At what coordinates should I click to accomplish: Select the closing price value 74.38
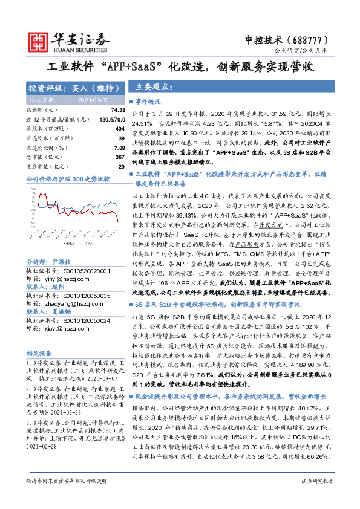118,110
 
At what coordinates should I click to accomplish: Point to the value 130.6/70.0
112,119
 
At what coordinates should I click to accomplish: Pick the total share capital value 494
120,129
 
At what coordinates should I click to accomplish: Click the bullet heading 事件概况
148,102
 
